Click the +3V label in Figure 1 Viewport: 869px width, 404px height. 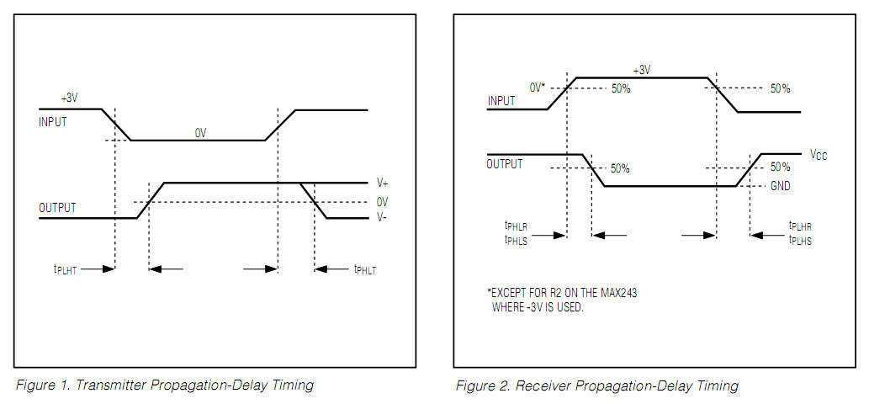click(70, 98)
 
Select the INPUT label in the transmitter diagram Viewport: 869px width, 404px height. click(53, 122)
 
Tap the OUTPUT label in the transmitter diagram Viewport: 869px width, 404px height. click(57, 208)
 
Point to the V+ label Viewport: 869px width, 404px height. click(381, 183)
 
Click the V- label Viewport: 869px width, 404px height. click(381, 218)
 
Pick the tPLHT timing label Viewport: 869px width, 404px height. click(65, 270)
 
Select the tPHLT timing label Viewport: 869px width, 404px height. click(364, 270)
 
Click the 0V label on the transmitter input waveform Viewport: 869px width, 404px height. click(200, 132)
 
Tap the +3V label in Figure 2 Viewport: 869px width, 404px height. click(641, 71)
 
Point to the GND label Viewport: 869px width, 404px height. click(781, 186)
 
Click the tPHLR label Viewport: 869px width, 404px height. click(516, 226)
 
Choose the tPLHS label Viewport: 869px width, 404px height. click(800, 241)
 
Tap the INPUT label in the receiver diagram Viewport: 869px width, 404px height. click(501, 101)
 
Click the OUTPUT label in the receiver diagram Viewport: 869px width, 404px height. click(506, 164)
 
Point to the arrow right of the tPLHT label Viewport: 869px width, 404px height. click(101, 269)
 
